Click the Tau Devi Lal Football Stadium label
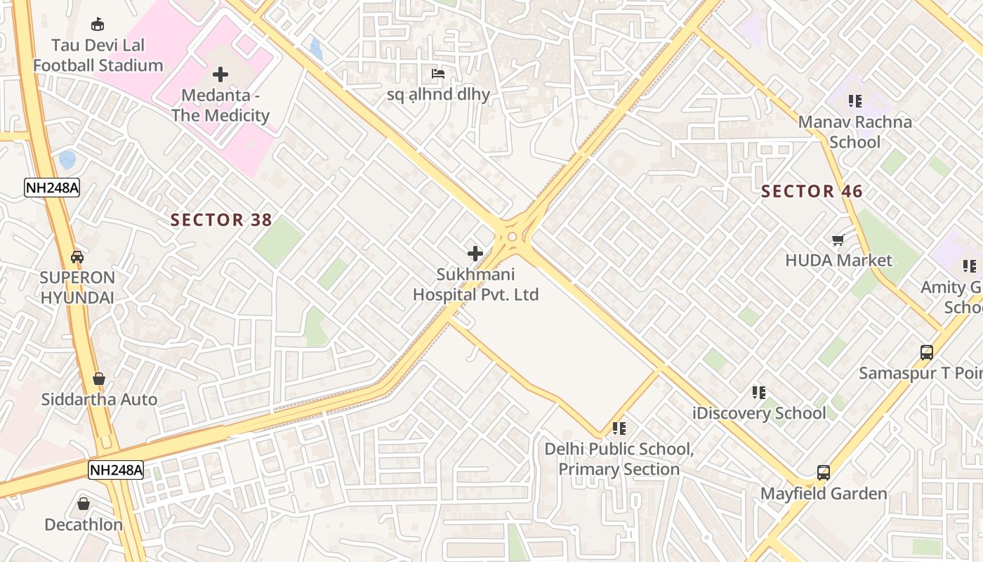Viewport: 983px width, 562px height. click(98, 55)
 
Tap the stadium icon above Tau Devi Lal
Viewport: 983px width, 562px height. click(98, 25)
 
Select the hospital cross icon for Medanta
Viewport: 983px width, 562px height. click(220, 74)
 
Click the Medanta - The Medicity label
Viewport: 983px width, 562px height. click(220, 105)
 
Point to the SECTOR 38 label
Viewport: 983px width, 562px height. click(221, 220)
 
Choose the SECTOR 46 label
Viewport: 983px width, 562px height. click(812, 191)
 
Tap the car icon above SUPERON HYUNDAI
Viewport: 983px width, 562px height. click(77, 256)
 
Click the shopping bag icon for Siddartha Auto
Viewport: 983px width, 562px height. click(99, 379)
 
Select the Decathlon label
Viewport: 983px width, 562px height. click(84, 525)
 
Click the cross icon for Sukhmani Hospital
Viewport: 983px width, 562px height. click(475, 253)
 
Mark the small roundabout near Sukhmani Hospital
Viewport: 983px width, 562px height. click(513, 237)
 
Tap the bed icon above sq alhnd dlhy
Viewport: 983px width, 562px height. click(438, 74)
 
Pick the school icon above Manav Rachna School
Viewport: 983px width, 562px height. click(855, 101)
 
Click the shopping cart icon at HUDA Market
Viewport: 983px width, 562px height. click(838, 240)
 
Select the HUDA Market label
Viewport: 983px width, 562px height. click(838, 260)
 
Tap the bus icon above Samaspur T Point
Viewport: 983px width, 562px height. click(927, 352)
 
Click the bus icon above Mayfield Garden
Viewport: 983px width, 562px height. click(824, 473)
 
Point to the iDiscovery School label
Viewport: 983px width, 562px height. click(759, 413)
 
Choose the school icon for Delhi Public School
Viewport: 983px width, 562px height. click(619, 428)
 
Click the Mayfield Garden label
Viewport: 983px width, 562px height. click(824, 494)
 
